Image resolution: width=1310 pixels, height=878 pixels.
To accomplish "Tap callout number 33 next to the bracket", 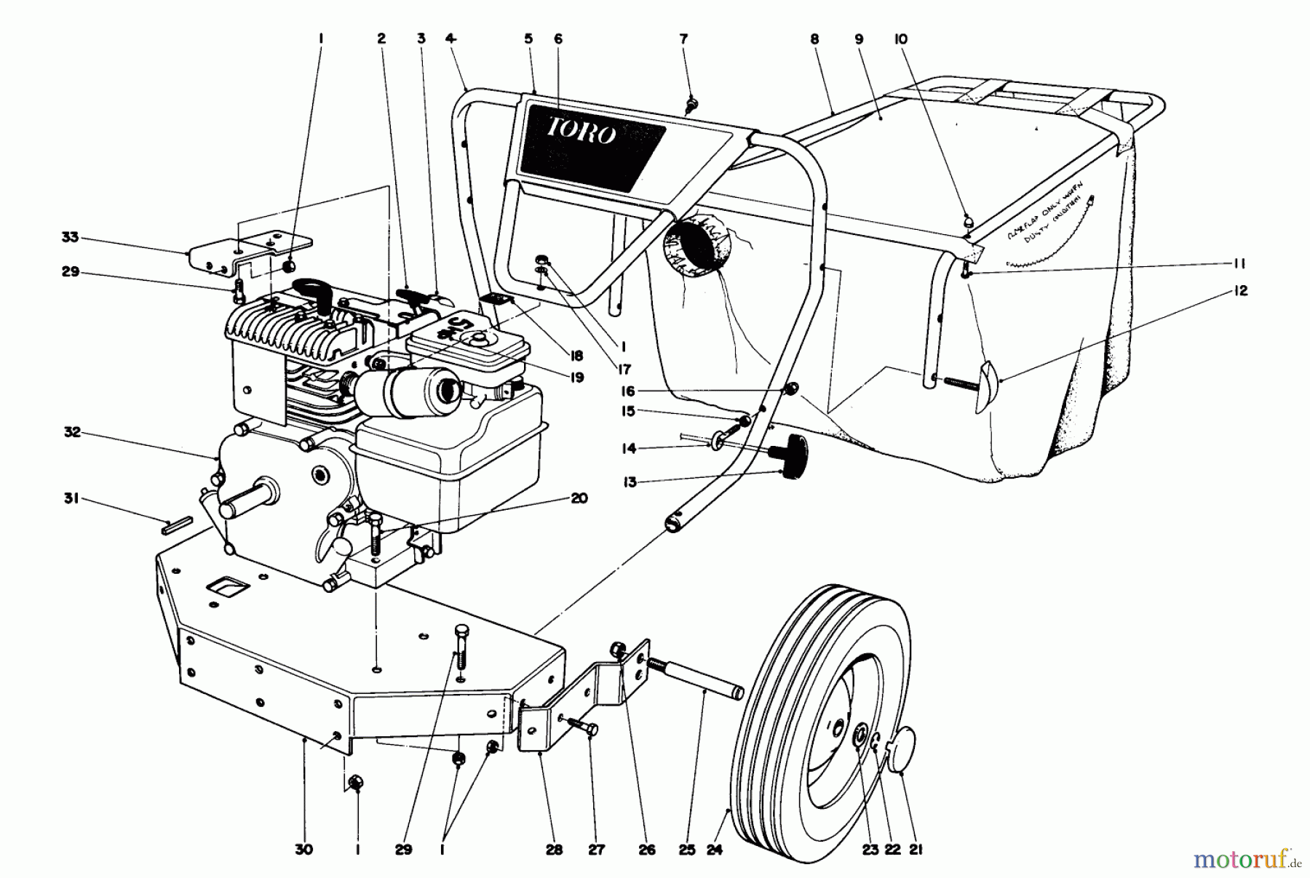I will click(70, 237).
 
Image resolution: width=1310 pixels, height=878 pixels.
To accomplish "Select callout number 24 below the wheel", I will click(714, 849).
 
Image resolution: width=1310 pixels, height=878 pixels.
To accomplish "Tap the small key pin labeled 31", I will click(177, 524).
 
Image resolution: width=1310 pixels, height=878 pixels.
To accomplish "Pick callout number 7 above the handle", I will click(683, 39).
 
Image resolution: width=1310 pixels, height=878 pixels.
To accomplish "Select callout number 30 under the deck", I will click(303, 849).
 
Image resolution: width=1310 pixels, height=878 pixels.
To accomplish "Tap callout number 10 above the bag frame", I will click(901, 39).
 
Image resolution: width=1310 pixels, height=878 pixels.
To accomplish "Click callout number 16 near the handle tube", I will click(627, 391).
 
